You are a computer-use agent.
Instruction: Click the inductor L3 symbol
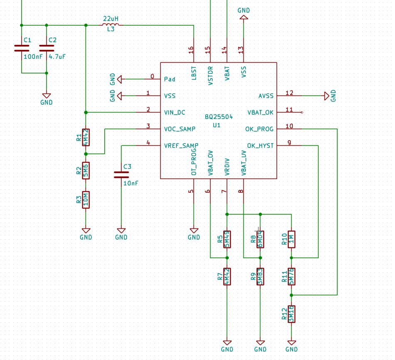click(x=110, y=25)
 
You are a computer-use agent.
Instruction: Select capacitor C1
click(x=22, y=48)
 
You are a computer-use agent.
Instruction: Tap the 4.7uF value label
click(x=57, y=56)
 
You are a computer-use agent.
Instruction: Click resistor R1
click(x=86, y=137)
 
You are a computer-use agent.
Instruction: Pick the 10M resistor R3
click(x=86, y=199)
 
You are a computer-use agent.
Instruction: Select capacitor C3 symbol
click(x=121, y=174)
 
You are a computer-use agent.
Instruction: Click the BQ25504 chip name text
click(x=219, y=117)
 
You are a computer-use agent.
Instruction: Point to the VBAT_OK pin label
click(x=260, y=112)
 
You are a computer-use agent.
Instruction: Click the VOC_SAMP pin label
click(x=179, y=129)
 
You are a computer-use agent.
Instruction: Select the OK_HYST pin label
click(x=260, y=145)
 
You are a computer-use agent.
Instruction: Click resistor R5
click(x=227, y=239)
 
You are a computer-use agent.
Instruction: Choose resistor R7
click(x=227, y=276)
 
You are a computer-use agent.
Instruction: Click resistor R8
click(x=260, y=239)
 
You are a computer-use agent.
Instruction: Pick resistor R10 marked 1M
click(x=292, y=239)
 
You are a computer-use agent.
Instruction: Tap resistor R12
click(x=292, y=313)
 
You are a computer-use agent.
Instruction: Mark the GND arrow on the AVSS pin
click(x=327, y=96)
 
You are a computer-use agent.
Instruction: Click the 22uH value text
click(x=110, y=18)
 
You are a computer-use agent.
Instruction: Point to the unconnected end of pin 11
click(x=302, y=112)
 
